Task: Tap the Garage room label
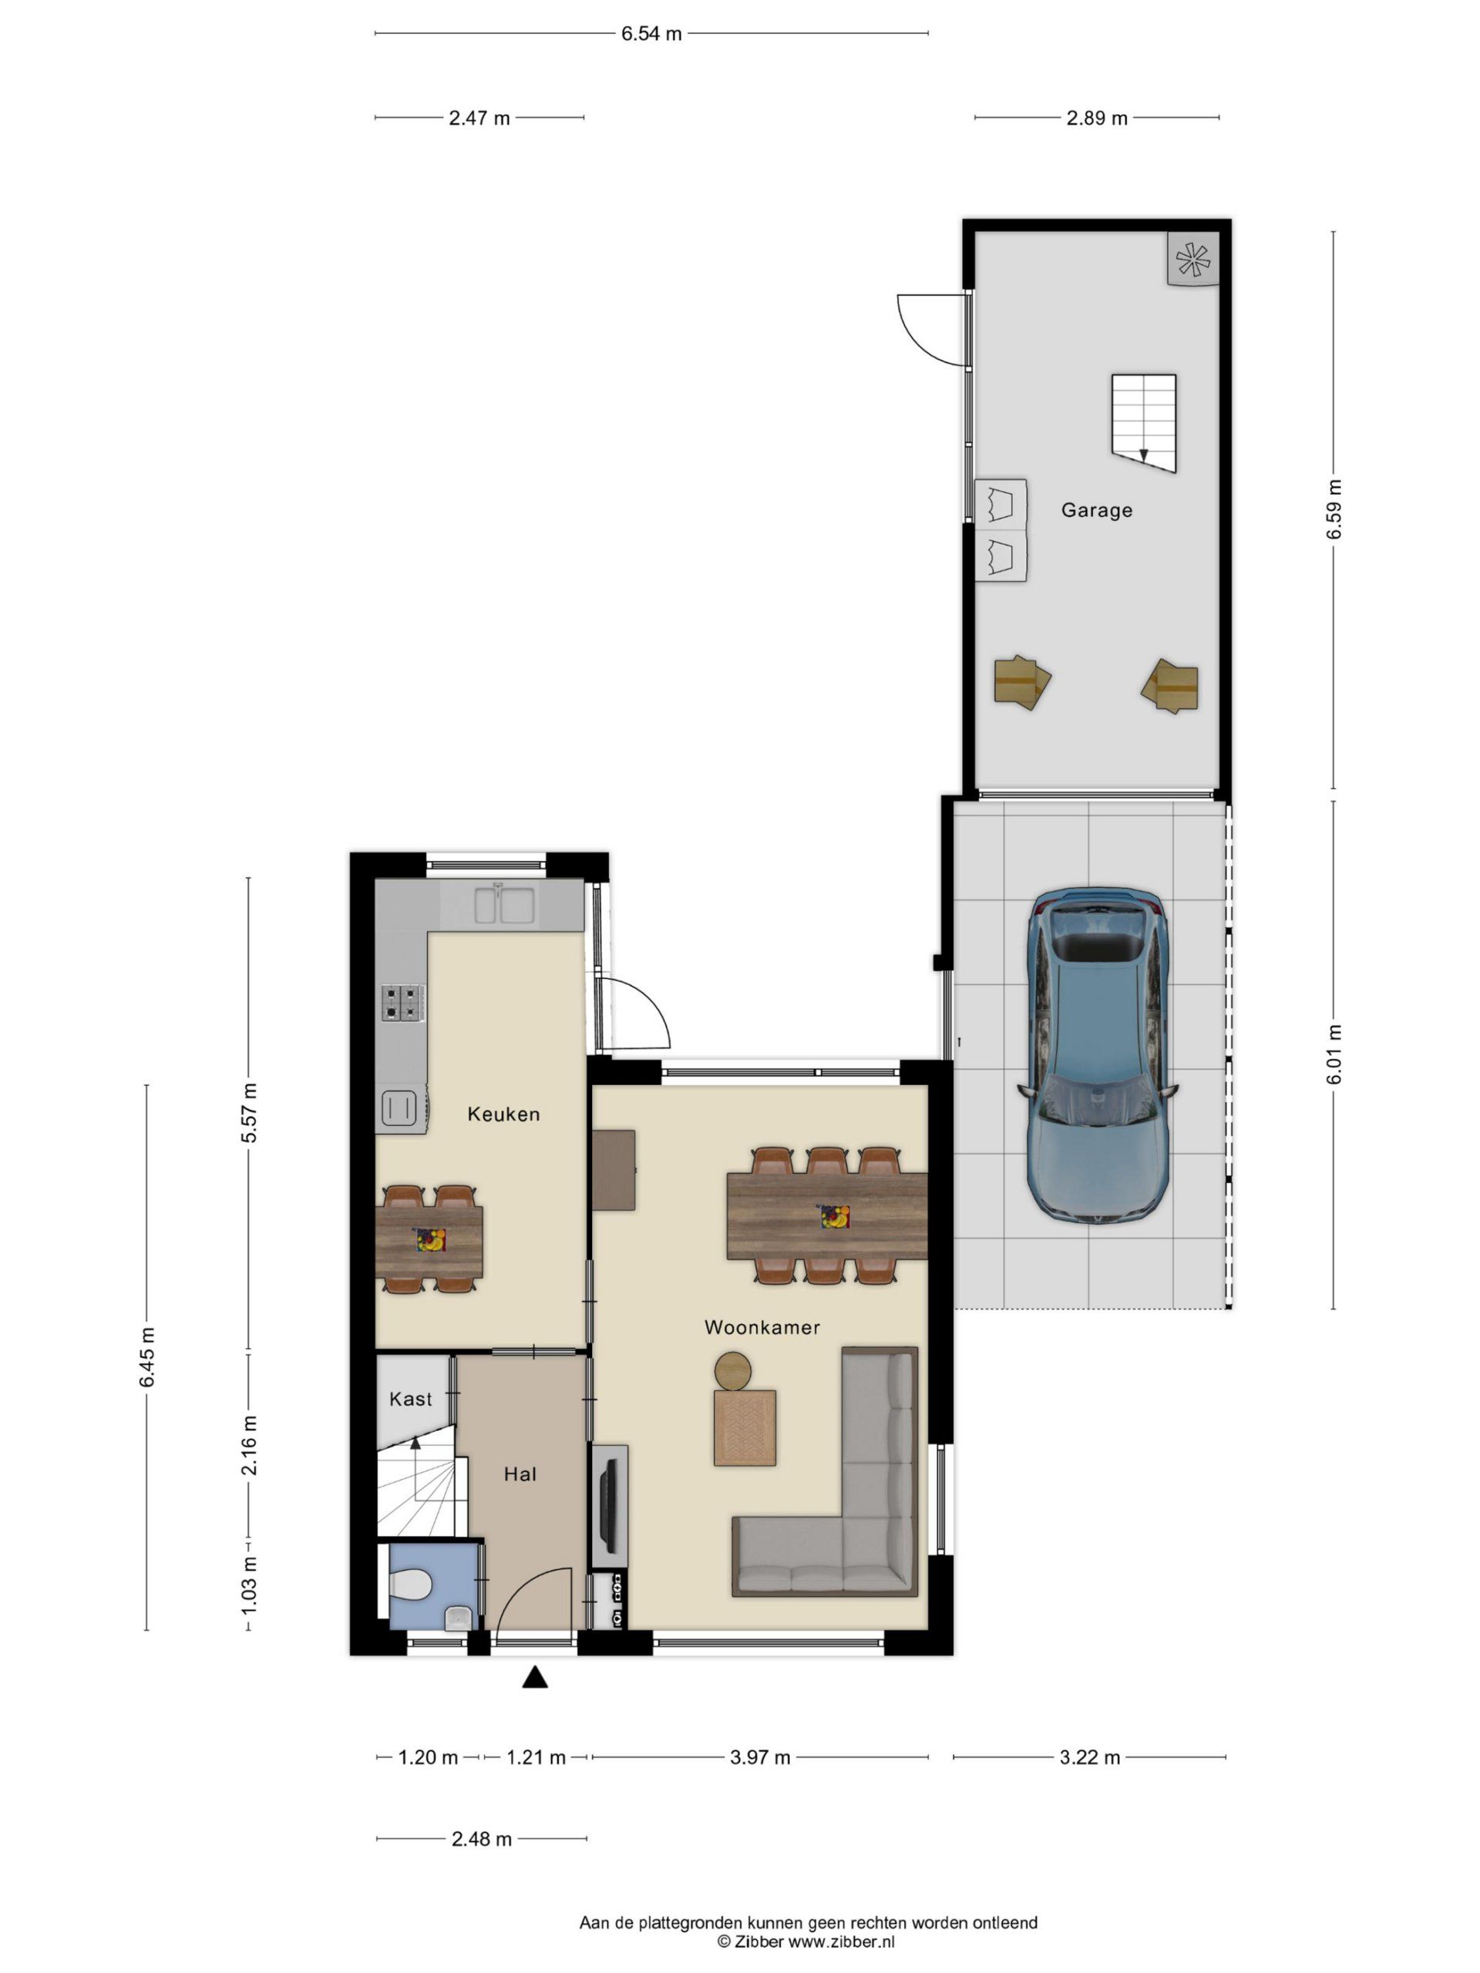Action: tap(1096, 510)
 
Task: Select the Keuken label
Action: tap(504, 1114)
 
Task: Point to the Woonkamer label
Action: tap(762, 1327)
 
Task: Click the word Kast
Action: tap(410, 1399)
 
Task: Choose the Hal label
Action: tap(520, 1474)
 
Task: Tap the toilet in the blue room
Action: tap(412, 1585)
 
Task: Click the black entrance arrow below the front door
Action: tap(534, 1677)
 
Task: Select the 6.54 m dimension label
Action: tap(651, 34)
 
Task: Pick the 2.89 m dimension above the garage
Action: tap(1096, 118)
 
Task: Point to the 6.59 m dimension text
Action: tap(1334, 509)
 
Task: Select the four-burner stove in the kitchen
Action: tap(402, 1002)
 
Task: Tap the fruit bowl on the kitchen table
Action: tap(430, 1240)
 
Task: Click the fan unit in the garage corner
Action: tap(1192, 260)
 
